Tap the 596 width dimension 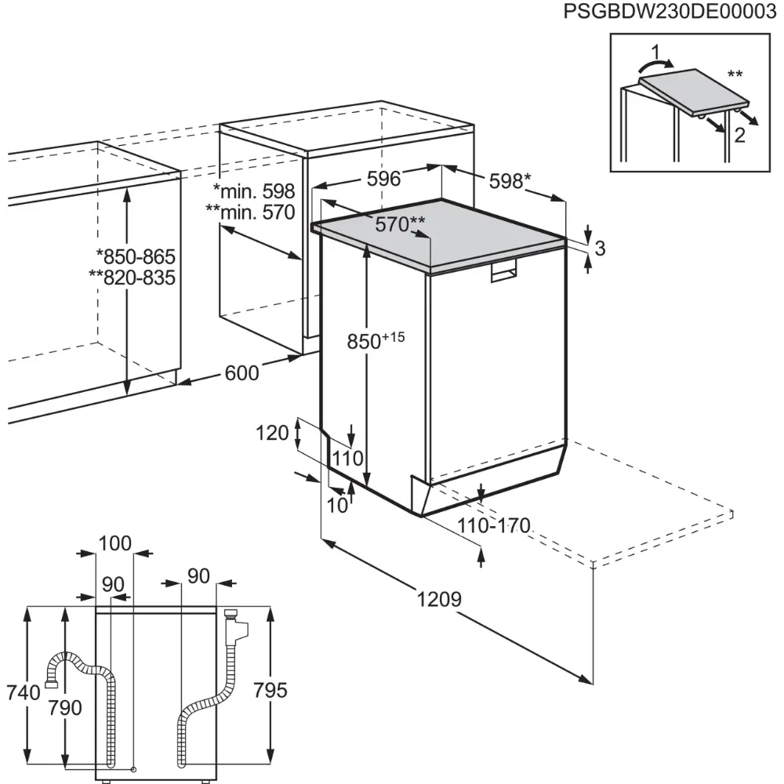[384, 179]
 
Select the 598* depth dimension [510, 181]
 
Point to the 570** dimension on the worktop [400, 225]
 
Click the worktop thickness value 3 [600, 249]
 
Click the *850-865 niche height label [135, 257]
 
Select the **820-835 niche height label [132, 278]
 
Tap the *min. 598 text [253, 191]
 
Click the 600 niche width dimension [241, 374]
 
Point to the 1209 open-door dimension [438, 600]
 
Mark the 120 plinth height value [272, 432]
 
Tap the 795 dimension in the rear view [270, 691]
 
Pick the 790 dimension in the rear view [64, 708]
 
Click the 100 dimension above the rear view [114, 543]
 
